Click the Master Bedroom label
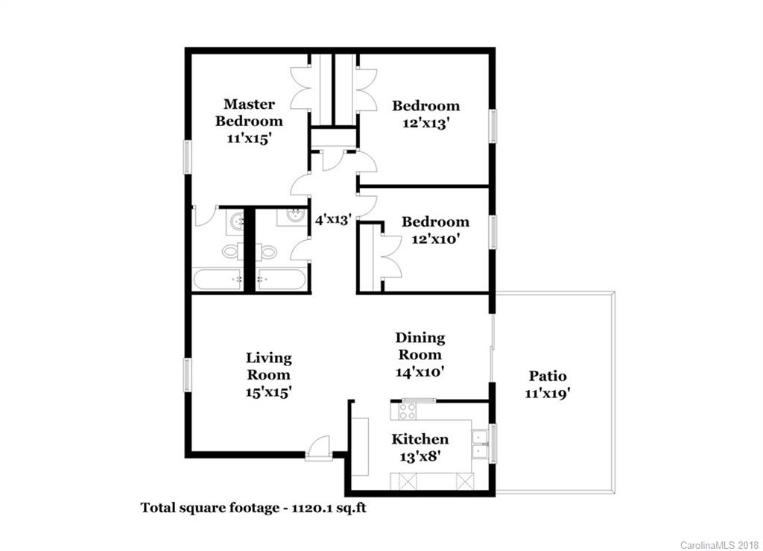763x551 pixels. click(x=249, y=113)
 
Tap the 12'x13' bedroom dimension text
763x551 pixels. click(x=425, y=123)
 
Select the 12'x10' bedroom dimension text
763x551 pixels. click(x=435, y=239)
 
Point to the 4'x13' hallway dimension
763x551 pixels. click(x=333, y=220)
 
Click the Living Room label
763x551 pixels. click(x=268, y=366)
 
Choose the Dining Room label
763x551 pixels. click(x=420, y=346)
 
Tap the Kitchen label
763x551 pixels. click(x=420, y=439)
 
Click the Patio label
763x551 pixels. click(x=548, y=376)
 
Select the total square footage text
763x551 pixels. click(x=253, y=509)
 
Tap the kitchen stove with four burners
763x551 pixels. click(x=408, y=412)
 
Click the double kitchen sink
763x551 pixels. click(x=480, y=444)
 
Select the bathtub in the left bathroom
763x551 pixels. click(x=218, y=279)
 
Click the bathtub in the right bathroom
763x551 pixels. click(x=282, y=279)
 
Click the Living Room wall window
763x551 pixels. click(x=187, y=374)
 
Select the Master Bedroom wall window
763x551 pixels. click(x=187, y=157)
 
